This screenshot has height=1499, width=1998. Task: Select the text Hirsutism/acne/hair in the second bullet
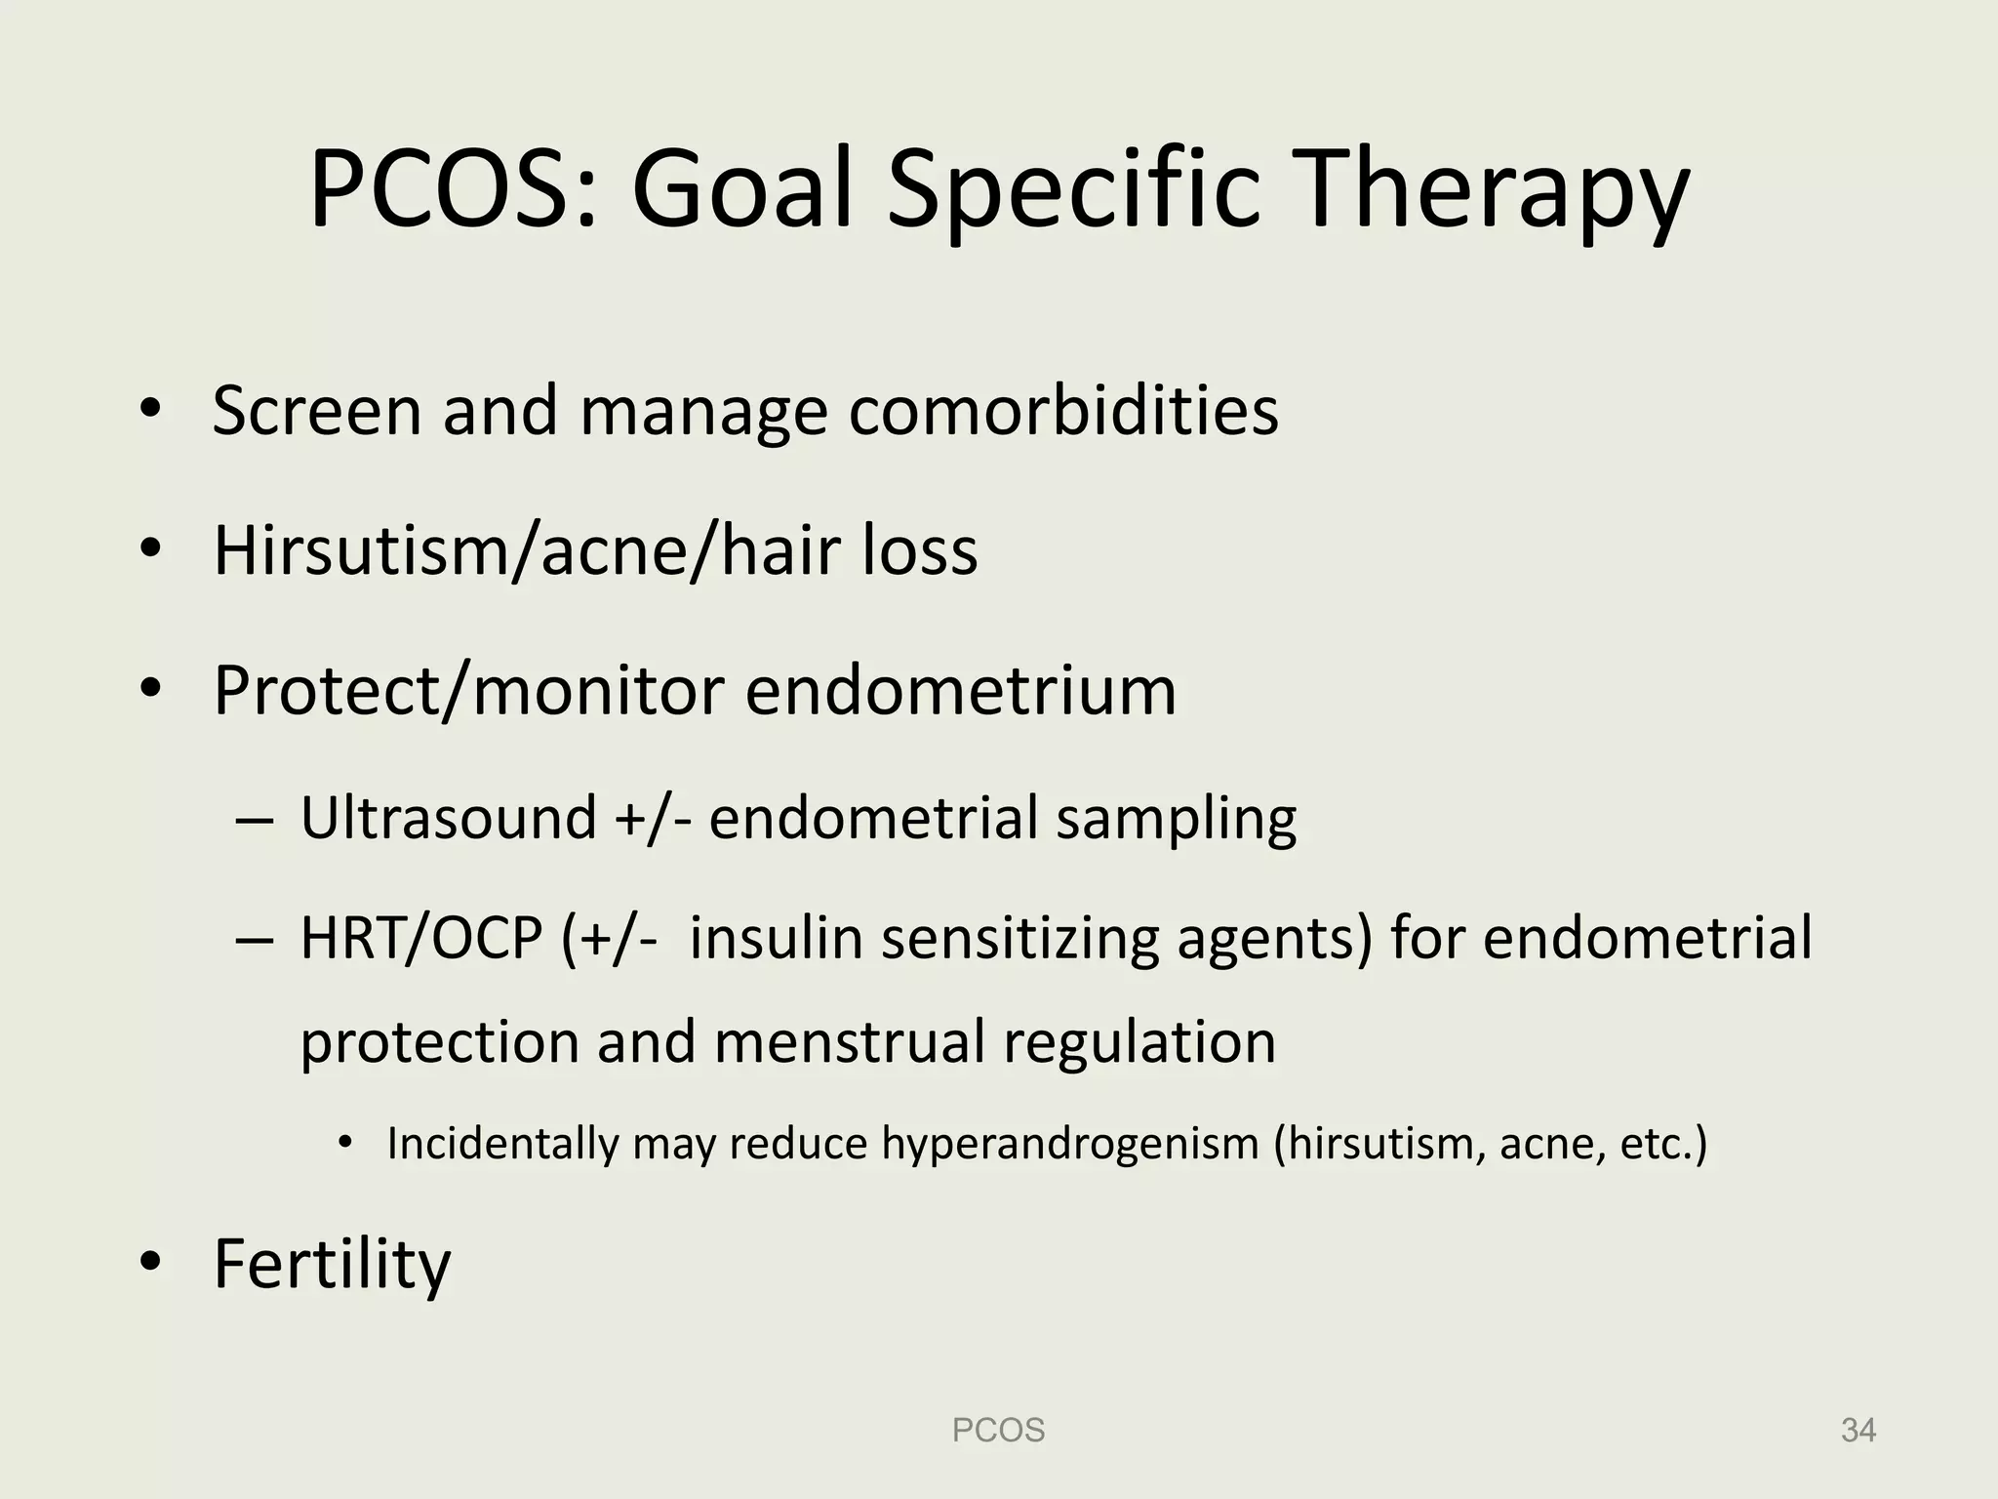pos(528,550)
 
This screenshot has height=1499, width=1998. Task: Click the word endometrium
pos(961,691)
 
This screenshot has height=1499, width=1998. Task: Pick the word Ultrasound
pos(448,818)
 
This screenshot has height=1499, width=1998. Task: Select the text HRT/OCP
pos(420,938)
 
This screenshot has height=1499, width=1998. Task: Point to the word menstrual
pos(849,1041)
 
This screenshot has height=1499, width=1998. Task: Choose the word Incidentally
pos(502,1144)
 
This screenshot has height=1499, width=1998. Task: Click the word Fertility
pos(332,1265)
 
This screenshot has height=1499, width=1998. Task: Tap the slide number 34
pos(1858,1431)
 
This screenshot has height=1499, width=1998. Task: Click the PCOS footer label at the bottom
pos(998,1431)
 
